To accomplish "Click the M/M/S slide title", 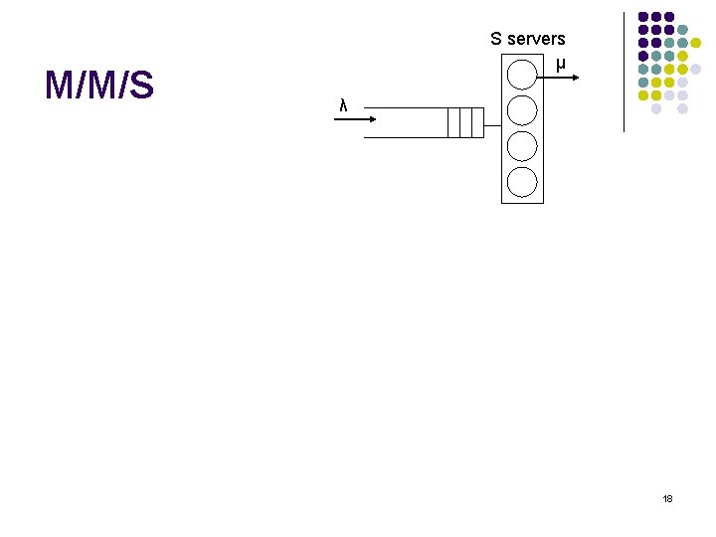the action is [99, 87].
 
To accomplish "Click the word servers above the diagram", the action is [536, 39].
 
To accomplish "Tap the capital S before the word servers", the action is [496, 39].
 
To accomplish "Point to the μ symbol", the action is [561, 66].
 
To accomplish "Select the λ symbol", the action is [343, 105].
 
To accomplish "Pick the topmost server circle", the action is [522, 75].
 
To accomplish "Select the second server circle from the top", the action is [522, 109].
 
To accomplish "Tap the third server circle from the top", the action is [522, 145].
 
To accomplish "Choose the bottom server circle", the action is [522, 181].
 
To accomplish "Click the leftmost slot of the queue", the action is [453, 122].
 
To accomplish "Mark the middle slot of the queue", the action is [465, 122].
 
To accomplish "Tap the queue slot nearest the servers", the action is [477, 122].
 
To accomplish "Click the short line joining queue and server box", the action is [492, 122].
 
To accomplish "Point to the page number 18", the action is [667, 497].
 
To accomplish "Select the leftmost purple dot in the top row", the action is [643, 17].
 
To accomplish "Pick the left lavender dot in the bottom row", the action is [656, 108].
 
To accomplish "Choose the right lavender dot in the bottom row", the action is [682, 108].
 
